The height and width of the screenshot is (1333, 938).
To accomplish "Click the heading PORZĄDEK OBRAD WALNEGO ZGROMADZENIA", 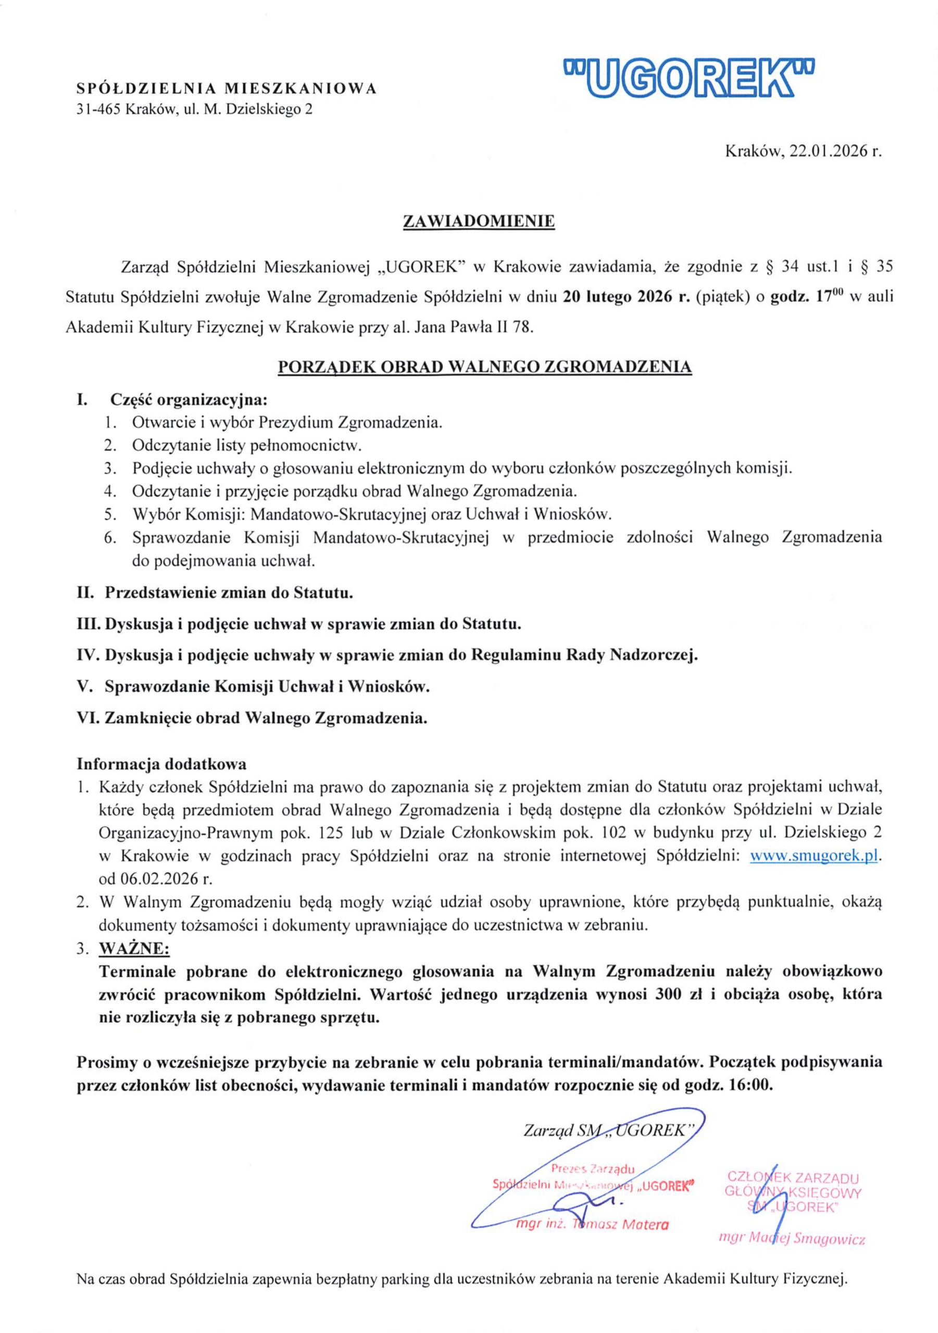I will [485, 367].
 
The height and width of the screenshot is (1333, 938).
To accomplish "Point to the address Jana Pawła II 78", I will [472, 328].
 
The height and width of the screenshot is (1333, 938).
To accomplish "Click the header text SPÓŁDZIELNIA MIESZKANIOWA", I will [227, 89].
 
